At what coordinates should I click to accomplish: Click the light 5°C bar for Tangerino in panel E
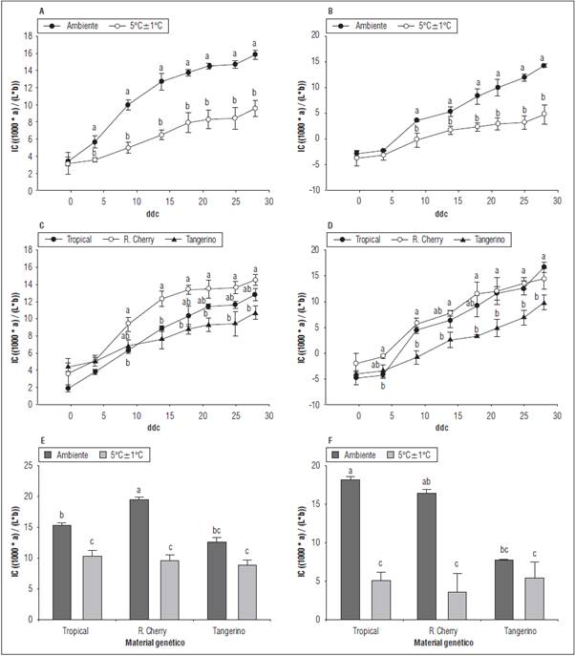[x=246, y=592]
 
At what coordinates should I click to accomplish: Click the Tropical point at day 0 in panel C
[x=70, y=388]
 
